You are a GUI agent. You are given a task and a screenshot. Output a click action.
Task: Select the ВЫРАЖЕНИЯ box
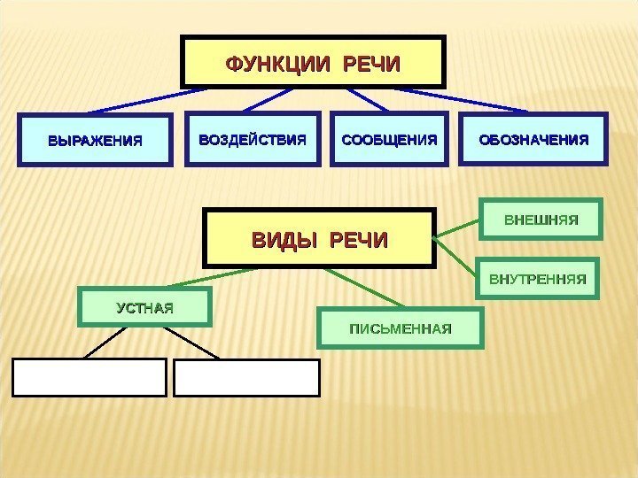point(95,140)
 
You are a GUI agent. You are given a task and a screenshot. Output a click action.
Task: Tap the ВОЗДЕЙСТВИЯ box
point(253,139)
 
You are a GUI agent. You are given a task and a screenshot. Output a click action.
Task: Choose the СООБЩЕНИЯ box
point(390,139)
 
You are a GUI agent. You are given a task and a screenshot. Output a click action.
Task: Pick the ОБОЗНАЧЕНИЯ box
point(533,139)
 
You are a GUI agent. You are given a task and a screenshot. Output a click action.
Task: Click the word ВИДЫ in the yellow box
point(284,239)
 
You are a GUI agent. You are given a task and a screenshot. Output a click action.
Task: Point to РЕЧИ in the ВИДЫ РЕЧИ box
point(359,239)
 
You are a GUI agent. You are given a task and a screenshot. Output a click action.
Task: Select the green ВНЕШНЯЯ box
point(541,219)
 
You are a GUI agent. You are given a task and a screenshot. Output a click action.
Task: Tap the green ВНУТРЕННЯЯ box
point(538,279)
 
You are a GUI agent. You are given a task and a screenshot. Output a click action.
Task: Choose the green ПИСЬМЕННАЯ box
point(401,329)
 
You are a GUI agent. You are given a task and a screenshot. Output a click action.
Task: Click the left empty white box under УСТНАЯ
point(89,376)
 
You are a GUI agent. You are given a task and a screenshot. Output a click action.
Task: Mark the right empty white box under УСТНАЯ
point(246,376)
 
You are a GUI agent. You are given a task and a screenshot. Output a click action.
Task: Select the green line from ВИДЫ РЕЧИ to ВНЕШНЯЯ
point(459,228)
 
